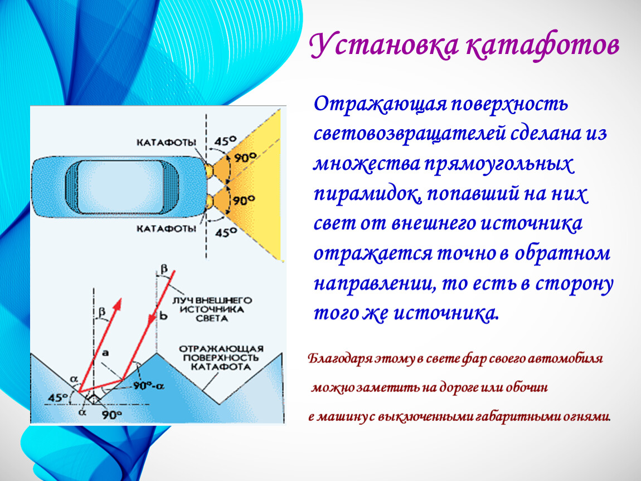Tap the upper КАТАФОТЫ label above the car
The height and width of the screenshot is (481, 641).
[166, 143]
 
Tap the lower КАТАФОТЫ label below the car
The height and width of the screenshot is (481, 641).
[166, 229]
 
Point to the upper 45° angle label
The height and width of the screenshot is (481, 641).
[226, 141]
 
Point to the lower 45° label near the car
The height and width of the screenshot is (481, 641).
[226, 233]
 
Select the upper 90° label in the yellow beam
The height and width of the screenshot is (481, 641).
[245, 157]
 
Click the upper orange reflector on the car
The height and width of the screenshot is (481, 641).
[209, 170]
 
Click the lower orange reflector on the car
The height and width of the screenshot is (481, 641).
[209, 202]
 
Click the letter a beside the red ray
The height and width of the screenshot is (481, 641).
[105, 352]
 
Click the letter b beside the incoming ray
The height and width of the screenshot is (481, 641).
[163, 315]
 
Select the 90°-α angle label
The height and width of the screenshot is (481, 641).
[149, 385]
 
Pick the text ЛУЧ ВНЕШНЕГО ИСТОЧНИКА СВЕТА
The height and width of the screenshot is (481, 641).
[212, 309]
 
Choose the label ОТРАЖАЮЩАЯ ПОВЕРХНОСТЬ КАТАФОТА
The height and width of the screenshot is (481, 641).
[221, 357]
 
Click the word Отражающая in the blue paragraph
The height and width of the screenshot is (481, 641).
[380, 104]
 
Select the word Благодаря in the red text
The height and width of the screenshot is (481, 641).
[340, 359]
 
